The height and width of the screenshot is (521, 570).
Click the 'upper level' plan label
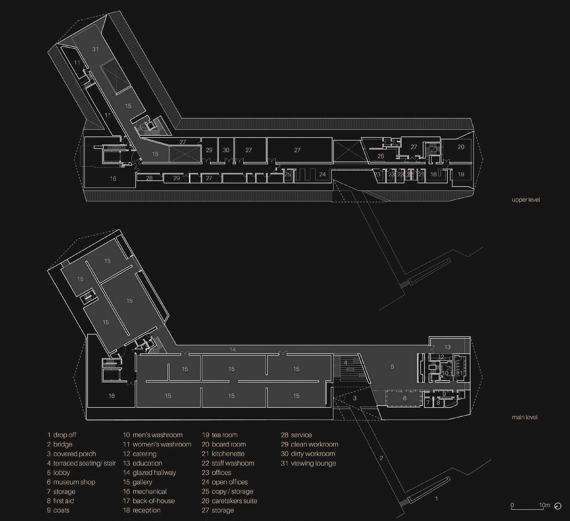click(526, 199)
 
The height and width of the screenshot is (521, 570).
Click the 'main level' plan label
click(524, 417)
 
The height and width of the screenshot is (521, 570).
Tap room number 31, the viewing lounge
click(95, 49)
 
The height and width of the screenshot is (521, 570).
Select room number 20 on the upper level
click(461, 147)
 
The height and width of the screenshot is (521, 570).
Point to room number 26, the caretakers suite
click(380, 156)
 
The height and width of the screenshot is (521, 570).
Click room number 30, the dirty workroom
click(226, 150)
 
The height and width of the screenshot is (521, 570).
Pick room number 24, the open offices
click(322, 174)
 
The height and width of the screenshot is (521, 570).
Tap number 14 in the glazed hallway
click(232, 349)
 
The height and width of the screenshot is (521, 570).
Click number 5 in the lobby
click(392, 367)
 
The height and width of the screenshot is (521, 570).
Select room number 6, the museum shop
click(405, 398)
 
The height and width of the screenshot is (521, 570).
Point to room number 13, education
click(447, 347)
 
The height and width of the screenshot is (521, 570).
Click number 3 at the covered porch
click(355, 398)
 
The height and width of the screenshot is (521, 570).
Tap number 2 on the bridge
click(381, 458)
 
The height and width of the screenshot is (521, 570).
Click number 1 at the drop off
click(436, 499)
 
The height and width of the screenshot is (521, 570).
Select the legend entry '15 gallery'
click(138, 482)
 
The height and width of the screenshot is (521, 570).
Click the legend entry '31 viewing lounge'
click(308, 463)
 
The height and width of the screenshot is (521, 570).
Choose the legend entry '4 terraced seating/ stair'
click(81, 463)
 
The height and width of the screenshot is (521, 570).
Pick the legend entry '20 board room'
click(224, 444)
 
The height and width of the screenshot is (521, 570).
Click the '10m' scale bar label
click(544, 505)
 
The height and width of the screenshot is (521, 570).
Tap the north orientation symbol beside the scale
click(558, 506)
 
